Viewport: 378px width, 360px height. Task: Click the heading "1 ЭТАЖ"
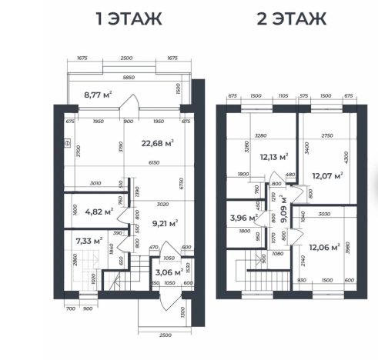point(129,18)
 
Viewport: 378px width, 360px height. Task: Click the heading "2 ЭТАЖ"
point(292,18)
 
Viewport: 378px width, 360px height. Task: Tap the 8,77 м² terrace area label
point(98,95)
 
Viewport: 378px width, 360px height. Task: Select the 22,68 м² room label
point(158,143)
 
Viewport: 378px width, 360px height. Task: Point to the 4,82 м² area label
point(99,212)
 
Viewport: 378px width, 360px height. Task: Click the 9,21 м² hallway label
point(166,223)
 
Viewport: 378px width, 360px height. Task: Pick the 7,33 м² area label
point(89,241)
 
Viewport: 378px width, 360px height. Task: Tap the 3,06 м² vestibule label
point(169,272)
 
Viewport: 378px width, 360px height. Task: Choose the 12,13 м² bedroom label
point(274,157)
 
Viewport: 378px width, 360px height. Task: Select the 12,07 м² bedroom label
point(328,175)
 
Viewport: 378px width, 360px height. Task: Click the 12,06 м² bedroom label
point(325,247)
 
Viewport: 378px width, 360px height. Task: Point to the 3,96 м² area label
point(244,218)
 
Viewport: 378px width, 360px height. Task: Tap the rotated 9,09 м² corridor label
point(283,209)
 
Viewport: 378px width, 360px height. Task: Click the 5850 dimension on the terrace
point(129,77)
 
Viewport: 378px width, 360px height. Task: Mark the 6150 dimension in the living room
point(154,162)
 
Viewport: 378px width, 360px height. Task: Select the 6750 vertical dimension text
point(182,184)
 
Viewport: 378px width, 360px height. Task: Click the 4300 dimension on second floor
point(346,158)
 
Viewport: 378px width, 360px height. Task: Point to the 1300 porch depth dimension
point(182,312)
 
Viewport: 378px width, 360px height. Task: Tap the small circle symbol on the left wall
point(67,143)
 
